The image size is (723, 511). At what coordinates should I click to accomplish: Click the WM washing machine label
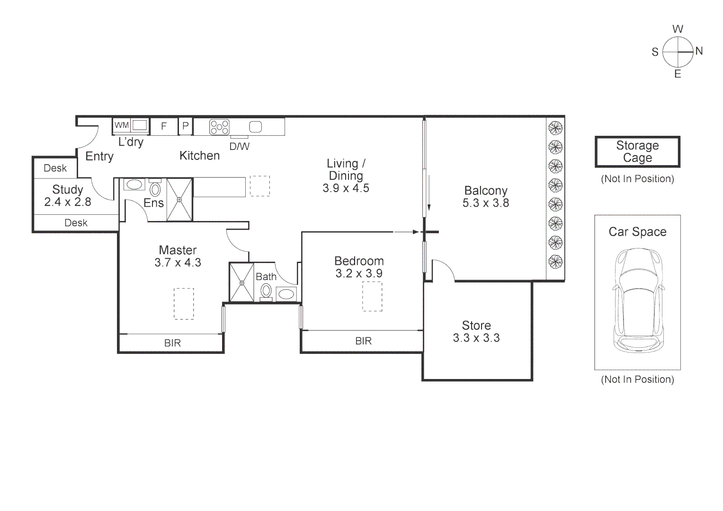coord(122,125)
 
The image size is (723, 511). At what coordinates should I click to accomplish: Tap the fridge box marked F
coord(164,126)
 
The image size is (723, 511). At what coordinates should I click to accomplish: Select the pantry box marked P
coord(186,126)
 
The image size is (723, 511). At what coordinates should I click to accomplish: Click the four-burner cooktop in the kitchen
coord(220,127)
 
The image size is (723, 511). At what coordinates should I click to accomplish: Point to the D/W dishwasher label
coord(239,147)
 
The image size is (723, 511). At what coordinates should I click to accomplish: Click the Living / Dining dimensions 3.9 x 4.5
coord(346,188)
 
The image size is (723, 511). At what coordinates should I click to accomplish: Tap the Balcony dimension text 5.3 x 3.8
coord(486,203)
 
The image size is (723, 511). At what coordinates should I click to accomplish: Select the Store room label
coord(476,326)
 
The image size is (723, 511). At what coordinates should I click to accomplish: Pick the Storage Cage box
coord(637,152)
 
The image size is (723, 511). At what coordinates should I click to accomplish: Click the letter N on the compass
coord(699,51)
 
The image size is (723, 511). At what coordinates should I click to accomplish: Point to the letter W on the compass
coord(678,29)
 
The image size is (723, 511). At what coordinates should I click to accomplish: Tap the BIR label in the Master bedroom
coord(172,343)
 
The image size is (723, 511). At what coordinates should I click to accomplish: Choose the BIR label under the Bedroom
coord(363,341)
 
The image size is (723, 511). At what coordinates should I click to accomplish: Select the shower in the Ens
coord(179,199)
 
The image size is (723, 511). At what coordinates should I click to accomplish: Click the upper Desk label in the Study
coord(55,168)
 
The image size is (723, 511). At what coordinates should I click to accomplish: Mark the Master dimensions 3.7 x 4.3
coord(178,263)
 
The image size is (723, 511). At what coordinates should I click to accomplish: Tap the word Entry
coord(99,156)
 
